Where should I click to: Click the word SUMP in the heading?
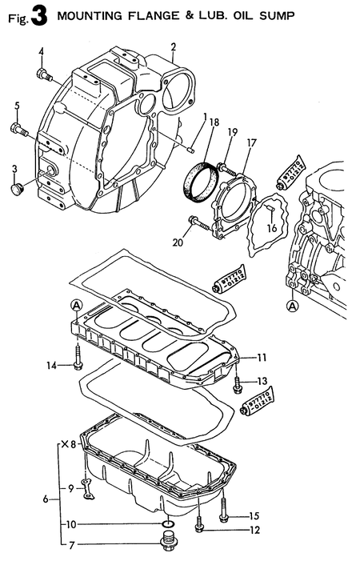270,14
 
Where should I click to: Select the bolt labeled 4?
44,75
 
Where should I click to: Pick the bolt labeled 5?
19,127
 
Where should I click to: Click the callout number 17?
251,143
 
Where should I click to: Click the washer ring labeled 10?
167,524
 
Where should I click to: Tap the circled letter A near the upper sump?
75,305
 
